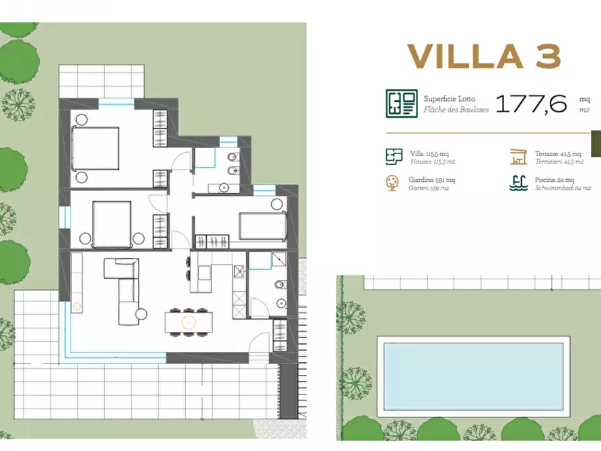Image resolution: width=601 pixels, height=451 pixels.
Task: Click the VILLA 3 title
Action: tap(484, 56)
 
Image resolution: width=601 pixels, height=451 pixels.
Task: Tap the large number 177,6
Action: tap(531, 104)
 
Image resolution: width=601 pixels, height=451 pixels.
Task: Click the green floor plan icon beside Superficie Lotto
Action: tap(401, 104)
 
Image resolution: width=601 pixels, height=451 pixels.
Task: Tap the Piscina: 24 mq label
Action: tap(555, 180)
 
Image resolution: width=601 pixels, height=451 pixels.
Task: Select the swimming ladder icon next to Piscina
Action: tap(517, 183)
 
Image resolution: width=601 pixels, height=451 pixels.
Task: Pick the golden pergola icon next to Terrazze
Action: tap(518, 157)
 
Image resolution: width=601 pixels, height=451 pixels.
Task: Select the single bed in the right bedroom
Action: tap(262, 225)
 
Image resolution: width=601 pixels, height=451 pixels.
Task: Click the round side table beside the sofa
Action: tap(141, 314)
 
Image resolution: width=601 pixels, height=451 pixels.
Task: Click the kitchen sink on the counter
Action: tap(238, 271)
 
